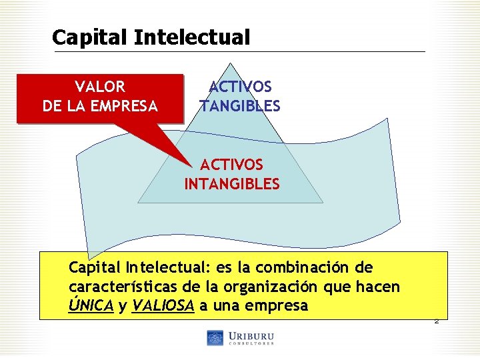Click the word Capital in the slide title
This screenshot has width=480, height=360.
(x=90, y=37)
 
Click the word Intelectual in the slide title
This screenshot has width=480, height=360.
(x=192, y=37)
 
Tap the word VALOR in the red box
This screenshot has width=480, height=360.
(x=100, y=87)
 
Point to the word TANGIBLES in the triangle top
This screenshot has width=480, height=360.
(x=240, y=107)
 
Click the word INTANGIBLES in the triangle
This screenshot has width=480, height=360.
(x=232, y=184)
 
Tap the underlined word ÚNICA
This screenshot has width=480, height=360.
(x=91, y=307)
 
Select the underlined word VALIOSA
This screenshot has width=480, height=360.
(x=163, y=307)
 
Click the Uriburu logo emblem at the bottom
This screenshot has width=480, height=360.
(x=215, y=338)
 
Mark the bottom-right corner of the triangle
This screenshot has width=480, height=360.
(x=323, y=202)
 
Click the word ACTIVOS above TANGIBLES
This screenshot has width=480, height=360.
(x=240, y=87)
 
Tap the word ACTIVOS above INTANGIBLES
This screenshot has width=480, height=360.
(x=232, y=165)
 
